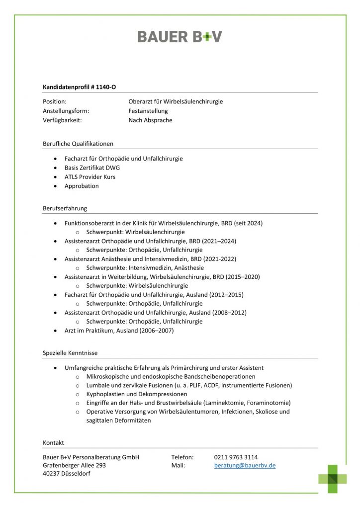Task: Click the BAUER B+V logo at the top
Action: click(x=180, y=36)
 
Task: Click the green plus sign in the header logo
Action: click(x=204, y=37)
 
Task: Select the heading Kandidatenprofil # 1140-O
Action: click(x=80, y=87)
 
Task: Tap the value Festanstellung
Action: click(x=148, y=111)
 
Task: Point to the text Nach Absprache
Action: click(x=150, y=120)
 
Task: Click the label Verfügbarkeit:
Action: click(x=62, y=120)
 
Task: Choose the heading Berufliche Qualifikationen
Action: click(x=78, y=144)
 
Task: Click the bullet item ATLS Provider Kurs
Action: click(x=90, y=177)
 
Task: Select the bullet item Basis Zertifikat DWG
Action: click(x=92, y=168)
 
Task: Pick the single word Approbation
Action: click(x=82, y=186)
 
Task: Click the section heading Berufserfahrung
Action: click(x=65, y=208)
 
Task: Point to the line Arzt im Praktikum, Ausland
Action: click(x=119, y=331)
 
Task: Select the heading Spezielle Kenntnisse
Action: click(x=70, y=353)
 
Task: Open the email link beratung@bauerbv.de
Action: click(x=245, y=466)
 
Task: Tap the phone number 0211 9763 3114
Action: click(x=236, y=457)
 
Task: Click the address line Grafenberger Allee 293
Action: click(x=75, y=466)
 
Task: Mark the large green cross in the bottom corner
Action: click(x=333, y=479)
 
